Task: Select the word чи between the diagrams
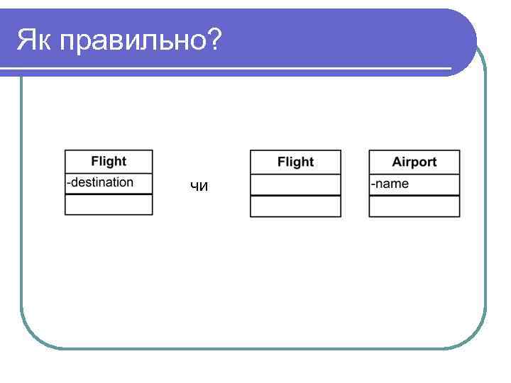199,187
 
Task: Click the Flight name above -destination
109,162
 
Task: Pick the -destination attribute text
100,182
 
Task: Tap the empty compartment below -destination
109,204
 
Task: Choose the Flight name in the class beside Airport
295,162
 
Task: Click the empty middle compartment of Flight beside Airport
295,184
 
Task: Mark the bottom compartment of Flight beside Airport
295,206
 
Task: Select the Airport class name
414,162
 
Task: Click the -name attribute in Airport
390,184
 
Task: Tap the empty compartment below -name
414,206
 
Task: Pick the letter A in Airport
397,162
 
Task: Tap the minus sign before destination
68,182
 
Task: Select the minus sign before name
373,184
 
